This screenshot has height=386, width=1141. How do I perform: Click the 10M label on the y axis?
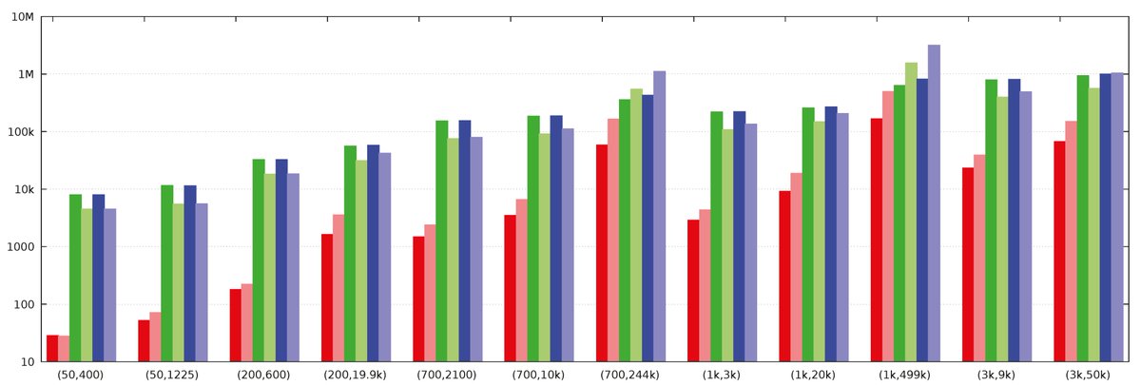[21, 17]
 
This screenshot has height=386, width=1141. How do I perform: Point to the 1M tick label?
[24, 74]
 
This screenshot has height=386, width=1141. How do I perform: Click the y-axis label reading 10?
[26, 362]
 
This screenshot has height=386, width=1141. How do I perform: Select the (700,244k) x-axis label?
[630, 375]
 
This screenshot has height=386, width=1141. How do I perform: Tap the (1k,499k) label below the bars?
[905, 375]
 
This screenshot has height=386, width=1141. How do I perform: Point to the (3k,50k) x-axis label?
[1088, 375]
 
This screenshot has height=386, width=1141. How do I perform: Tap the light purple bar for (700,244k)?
[659, 217]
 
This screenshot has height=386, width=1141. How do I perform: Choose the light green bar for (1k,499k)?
[911, 212]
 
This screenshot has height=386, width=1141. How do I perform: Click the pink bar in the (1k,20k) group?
[796, 267]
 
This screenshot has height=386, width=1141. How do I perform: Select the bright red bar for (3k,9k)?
[968, 264]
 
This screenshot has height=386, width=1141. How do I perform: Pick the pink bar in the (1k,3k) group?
[705, 285]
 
